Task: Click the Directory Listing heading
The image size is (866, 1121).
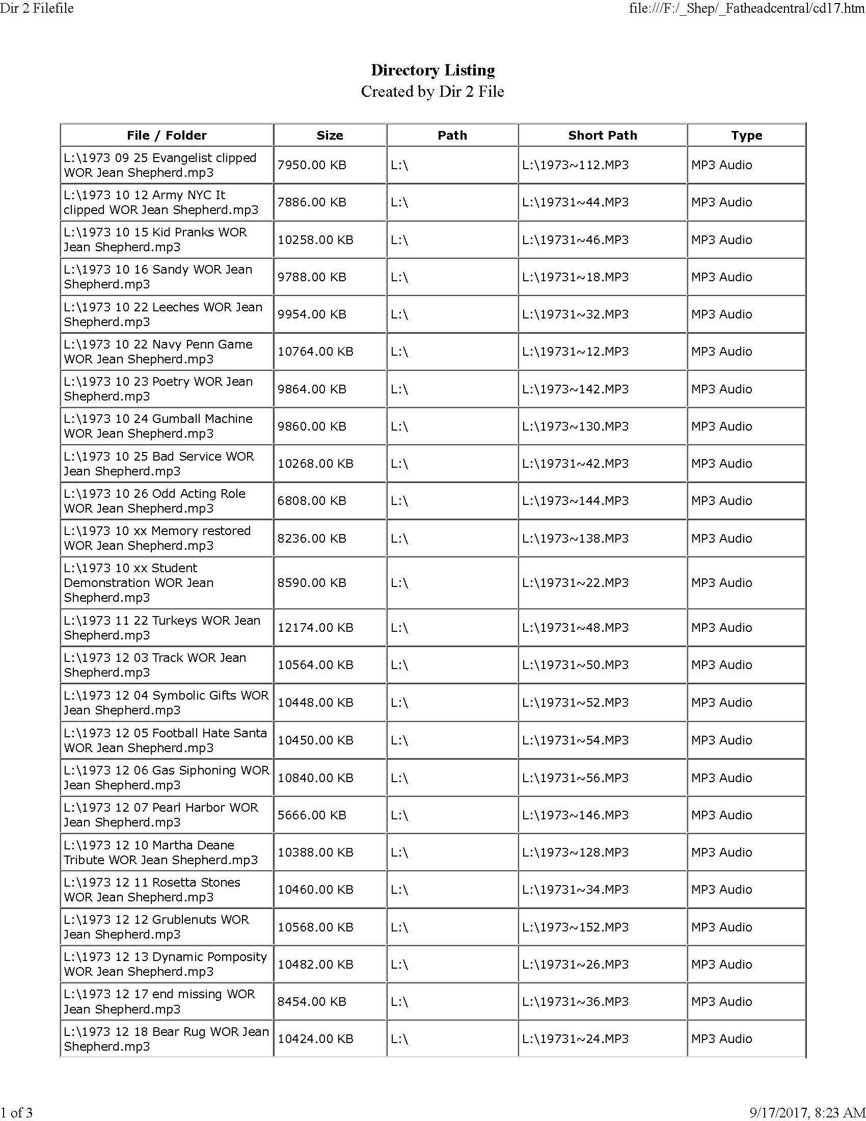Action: tap(432, 70)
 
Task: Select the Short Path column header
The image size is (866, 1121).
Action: tap(602, 136)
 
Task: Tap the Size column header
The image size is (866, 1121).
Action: tap(330, 136)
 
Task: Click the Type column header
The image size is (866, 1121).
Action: tap(746, 136)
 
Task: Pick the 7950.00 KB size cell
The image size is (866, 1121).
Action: tap(312, 165)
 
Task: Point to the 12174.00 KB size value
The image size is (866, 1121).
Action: tap(315, 628)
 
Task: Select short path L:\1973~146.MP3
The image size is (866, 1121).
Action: tap(575, 815)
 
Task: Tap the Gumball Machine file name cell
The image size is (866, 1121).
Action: tap(158, 426)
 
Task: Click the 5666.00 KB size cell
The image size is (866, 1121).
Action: tap(312, 815)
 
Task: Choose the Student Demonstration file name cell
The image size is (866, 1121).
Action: tap(139, 582)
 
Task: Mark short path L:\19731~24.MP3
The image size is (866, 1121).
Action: tap(575, 1039)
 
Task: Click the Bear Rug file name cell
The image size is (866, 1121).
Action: tap(166, 1039)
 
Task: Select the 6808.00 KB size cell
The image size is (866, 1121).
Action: tap(312, 501)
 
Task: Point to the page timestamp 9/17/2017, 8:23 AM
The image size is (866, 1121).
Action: tap(807, 1113)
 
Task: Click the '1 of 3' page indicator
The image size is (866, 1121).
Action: tap(16, 1113)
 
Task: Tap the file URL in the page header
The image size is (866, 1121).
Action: tap(746, 8)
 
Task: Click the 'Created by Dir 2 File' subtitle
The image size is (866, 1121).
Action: tap(432, 91)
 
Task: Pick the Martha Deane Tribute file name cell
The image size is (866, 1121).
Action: tap(160, 852)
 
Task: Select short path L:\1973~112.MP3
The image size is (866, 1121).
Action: tap(575, 165)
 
